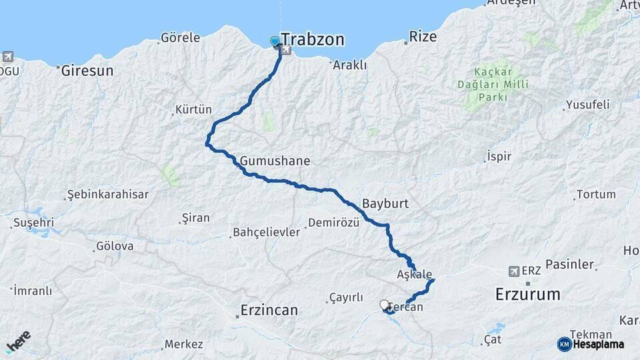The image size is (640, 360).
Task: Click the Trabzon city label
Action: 312,40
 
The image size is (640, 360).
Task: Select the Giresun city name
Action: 87,70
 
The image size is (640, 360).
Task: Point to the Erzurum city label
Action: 528,294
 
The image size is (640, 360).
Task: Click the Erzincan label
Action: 269,311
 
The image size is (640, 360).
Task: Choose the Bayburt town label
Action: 385,203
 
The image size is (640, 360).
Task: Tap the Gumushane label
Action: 275,161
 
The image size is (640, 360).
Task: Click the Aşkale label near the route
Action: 415,275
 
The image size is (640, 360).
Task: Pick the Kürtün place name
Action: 193,109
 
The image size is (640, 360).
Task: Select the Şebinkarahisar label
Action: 107,195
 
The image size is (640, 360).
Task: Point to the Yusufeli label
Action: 587,105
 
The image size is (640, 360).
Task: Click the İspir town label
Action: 499,156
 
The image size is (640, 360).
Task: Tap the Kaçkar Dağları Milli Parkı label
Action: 493,84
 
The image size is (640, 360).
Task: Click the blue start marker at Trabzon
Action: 275,41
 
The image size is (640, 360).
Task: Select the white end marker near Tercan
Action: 384,305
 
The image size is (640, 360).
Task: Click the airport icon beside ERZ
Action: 513,271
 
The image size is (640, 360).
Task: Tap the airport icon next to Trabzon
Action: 287,49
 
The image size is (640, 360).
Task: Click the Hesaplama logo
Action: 591,344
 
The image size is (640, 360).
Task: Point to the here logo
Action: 19,341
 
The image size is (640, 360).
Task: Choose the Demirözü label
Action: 334,223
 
